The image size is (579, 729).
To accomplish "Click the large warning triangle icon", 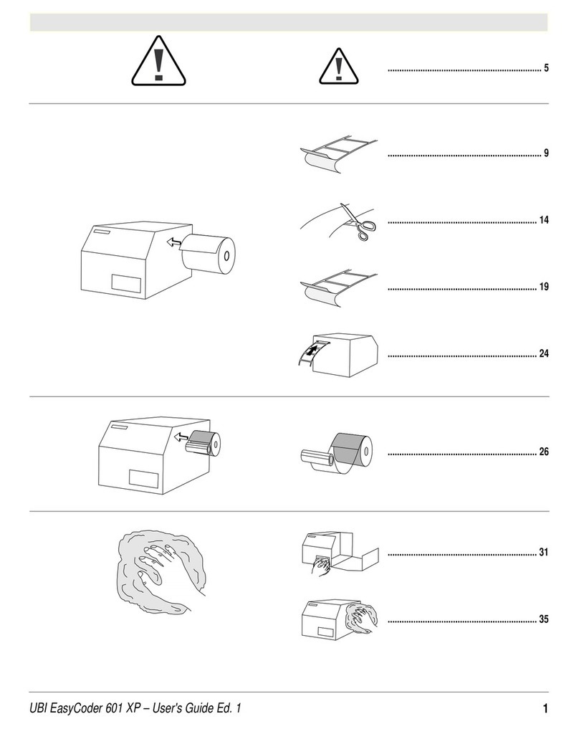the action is [158, 61].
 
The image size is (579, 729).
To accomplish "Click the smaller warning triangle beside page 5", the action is [339, 66].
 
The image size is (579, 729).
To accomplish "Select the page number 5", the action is [546, 68].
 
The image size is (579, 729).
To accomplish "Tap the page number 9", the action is [546, 153].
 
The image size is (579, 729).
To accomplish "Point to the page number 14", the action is [544, 220].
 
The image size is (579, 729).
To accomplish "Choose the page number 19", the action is [544, 287].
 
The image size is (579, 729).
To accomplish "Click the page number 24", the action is [544, 354].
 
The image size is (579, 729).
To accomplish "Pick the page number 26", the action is [544, 452].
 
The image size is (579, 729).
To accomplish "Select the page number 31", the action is [544, 553].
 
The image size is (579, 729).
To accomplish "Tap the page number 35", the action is [544, 619].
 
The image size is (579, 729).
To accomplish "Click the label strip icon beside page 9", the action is [339, 155].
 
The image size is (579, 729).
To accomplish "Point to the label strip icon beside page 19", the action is [339, 289].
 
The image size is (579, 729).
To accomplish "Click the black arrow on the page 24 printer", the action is [315, 349].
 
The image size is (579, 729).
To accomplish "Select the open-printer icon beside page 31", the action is [340, 555].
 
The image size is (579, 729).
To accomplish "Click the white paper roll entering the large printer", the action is [209, 254].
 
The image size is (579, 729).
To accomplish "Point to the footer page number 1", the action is [545, 708].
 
